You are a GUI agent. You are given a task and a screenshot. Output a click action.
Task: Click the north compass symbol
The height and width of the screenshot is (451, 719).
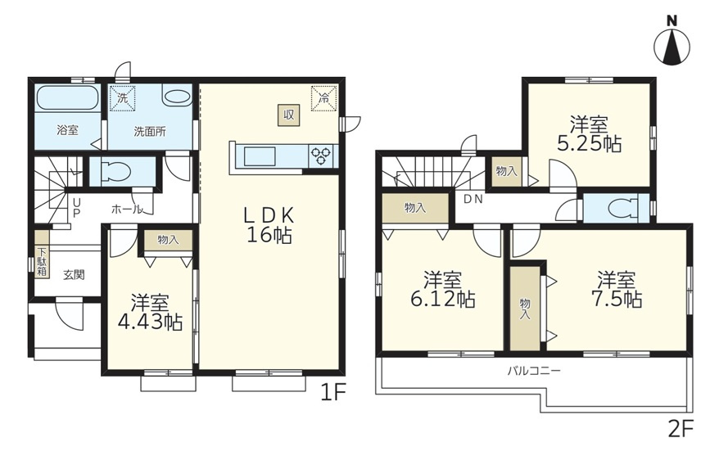click(x=672, y=42)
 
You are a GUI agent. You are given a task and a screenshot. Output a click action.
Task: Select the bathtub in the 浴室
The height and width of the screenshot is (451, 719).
click(x=67, y=98)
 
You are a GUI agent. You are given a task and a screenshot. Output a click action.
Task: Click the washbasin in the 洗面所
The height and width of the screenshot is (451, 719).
click(x=177, y=97)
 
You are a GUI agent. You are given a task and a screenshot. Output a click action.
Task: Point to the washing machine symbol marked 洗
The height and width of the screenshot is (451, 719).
click(x=123, y=98)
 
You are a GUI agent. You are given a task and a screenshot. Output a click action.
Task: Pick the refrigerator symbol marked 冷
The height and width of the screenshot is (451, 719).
click(x=324, y=98)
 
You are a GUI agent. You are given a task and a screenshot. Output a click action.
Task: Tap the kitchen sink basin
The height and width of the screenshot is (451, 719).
click(x=260, y=156)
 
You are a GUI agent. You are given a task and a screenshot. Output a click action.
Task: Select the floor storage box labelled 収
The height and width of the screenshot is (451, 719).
click(x=288, y=115)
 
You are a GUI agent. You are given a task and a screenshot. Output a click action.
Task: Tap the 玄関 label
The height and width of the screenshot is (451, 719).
click(x=74, y=275)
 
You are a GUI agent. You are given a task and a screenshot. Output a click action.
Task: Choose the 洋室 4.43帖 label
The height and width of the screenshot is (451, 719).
click(x=150, y=313)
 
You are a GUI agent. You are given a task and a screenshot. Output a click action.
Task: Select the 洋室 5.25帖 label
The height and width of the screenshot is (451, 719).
click(x=590, y=134)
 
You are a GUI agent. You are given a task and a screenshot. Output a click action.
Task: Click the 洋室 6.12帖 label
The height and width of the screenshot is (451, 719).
click(x=442, y=289)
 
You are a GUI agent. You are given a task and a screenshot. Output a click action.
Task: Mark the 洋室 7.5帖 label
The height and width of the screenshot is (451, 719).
click(x=617, y=289)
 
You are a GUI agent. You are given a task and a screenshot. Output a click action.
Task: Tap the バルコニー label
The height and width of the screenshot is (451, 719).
click(x=534, y=370)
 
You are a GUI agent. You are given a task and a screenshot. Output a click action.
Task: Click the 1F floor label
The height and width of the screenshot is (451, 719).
click(x=332, y=392)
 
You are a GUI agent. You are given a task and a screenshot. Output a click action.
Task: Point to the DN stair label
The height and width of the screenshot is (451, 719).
click(x=473, y=200)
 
